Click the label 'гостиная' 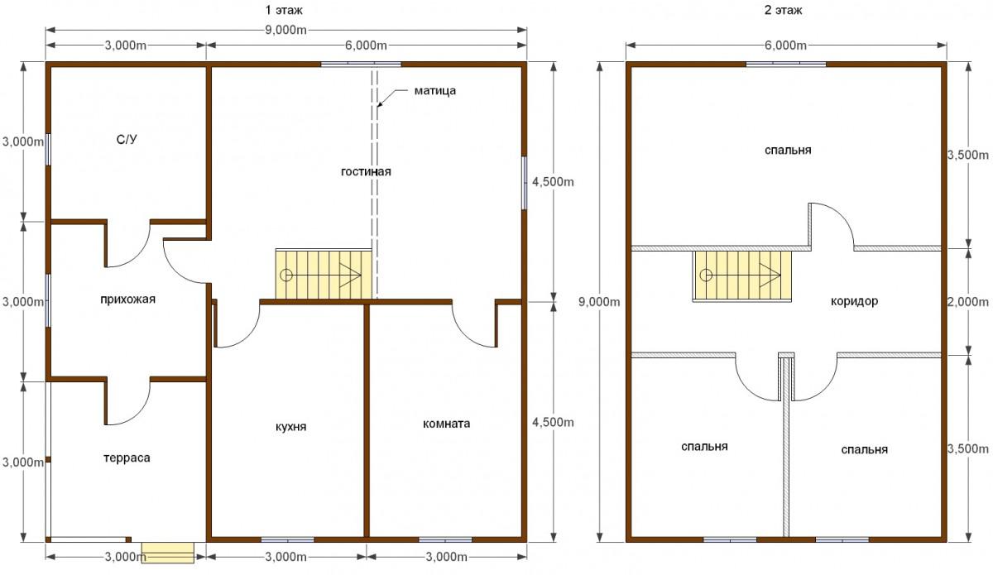(x=366, y=171)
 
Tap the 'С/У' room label (x=127, y=140)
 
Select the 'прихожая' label (x=127, y=299)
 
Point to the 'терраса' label (x=127, y=458)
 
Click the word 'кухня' (x=290, y=427)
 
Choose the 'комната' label (x=446, y=424)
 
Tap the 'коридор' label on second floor (x=854, y=301)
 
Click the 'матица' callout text (x=435, y=91)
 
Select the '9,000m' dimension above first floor (x=286, y=30)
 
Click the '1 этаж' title (x=284, y=10)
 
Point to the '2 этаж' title (x=784, y=10)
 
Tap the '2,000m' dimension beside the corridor (x=968, y=302)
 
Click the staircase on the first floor (x=324, y=275)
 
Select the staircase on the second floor (x=742, y=276)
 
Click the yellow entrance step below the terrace (x=167, y=553)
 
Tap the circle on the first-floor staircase (x=286, y=276)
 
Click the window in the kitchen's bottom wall (x=288, y=539)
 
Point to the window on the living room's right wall (x=525, y=183)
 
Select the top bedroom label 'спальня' (x=788, y=151)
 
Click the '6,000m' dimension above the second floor (x=785, y=46)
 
